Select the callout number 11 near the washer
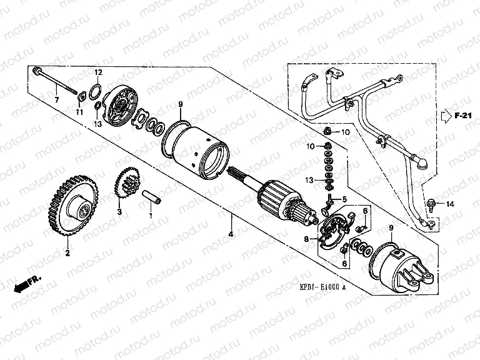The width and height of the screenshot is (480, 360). tap(79, 111)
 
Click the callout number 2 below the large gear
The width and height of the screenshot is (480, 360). tap(67, 254)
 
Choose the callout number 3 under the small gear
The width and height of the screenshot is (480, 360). tap(120, 212)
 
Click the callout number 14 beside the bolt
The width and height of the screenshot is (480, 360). tap(451, 204)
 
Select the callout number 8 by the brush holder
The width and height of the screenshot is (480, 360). tap(307, 238)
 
